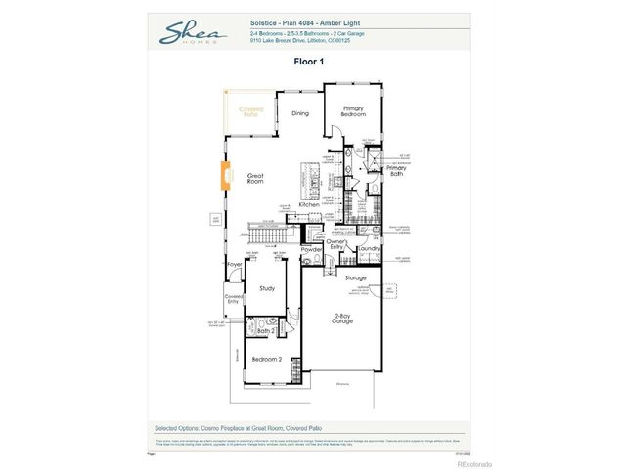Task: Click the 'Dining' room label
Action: tap(300, 113)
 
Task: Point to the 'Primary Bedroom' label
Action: tap(353, 112)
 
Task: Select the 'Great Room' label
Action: tap(255, 178)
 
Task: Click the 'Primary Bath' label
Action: tap(395, 171)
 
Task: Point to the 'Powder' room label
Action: tap(311, 249)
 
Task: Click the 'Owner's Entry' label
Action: tap(336, 246)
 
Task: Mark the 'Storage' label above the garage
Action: tap(355, 278)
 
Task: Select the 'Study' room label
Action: tap(267, 288)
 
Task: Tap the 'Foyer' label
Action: tap(235, 265)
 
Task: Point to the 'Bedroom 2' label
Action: tap(266, 359)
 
